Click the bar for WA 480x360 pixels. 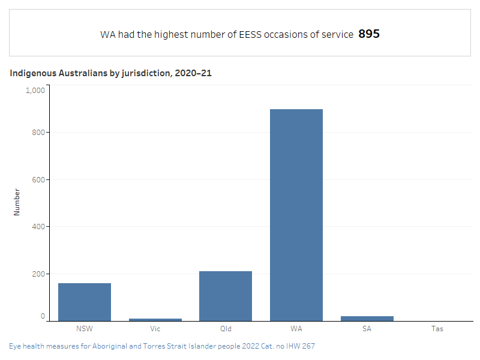296,215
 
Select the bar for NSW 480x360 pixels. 85,302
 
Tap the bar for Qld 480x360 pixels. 226,296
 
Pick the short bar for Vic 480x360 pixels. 155,319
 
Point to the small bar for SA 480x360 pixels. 367,318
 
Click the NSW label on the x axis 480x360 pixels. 85,329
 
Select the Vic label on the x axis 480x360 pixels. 155,329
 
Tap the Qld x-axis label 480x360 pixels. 226,329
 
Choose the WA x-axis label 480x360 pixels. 296,329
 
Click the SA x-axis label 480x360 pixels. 367,329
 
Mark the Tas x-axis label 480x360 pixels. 437,329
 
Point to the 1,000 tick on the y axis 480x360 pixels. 35,90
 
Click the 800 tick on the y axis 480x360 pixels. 38,133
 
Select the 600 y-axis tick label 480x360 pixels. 38,179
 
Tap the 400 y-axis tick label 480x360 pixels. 38,227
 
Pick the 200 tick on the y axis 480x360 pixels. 38,274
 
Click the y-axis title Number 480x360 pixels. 17,202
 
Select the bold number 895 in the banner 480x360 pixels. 369,34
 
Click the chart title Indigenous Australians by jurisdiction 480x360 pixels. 110,73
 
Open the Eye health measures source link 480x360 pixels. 162,346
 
